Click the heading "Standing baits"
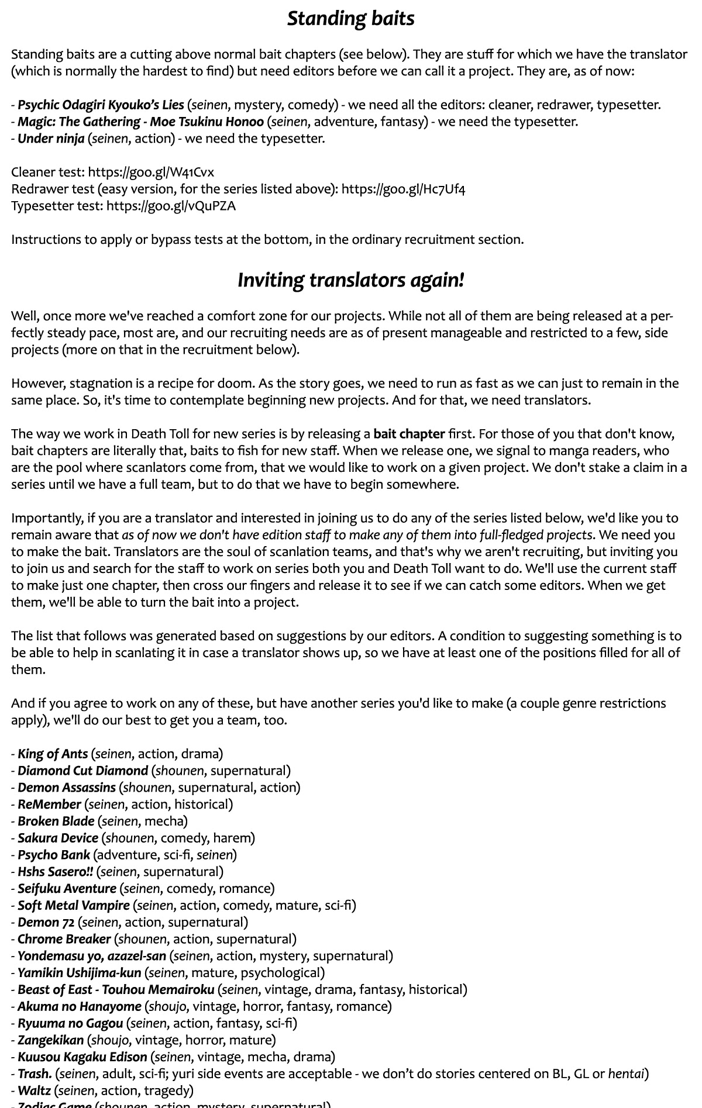click(350, 19)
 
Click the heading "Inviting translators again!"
click(350, 280)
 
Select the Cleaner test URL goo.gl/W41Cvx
click(151, 172)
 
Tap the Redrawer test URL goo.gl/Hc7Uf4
click(403, 189)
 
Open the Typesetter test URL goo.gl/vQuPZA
click(171, 206)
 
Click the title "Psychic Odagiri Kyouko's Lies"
click(101, 105)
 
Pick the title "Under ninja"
click(51, 139)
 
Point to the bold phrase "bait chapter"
click(409, 434)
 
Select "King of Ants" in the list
click(53, 754)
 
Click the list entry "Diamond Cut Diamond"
click(82, 771)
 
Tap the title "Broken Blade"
click(56, 821)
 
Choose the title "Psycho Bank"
click(54, 855)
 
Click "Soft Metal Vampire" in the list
click(73, 905)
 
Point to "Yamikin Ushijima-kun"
click(79, 972)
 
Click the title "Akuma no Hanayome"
click(79, 1006)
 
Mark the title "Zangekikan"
click(50, 1040)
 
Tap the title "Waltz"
click(34, 1090)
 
